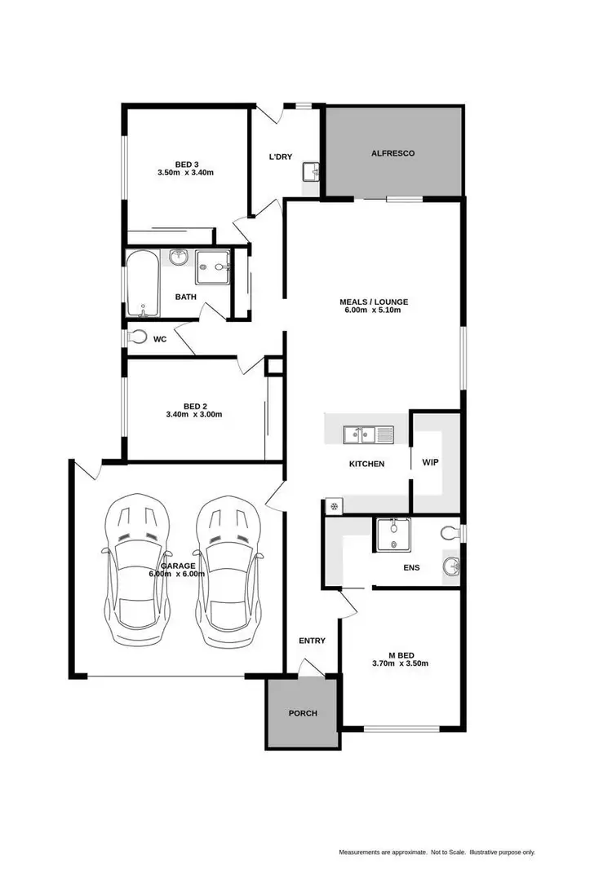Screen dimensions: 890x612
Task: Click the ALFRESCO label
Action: (393, 153)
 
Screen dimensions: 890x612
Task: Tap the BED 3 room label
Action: (186, 162)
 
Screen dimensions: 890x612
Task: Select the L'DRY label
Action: (282, 156)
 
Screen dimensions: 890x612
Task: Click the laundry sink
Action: (310, 172)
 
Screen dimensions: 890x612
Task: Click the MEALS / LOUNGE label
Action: (374, 302)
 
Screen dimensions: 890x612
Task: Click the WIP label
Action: (430, 462)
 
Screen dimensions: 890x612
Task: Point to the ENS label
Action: (411, 567)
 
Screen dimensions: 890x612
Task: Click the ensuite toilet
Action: (448, 534)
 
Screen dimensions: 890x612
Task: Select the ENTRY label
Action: (312, 641)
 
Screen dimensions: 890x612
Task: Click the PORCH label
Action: (302, 713)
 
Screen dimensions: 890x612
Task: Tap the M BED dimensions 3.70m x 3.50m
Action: (400, 663)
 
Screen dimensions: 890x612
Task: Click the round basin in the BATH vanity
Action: (179, 258)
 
